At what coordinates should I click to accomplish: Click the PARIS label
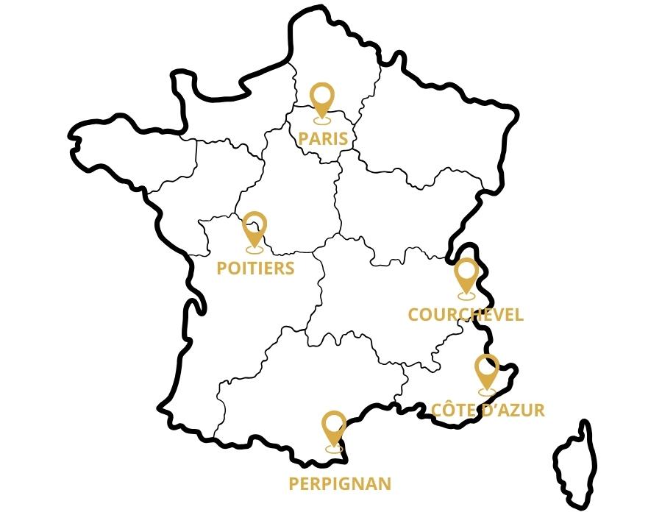point(322,139)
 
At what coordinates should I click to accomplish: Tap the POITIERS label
point(255,268)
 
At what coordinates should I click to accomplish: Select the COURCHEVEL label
point(466,315)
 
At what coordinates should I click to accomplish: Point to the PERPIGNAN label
point(339,483)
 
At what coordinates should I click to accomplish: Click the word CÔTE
point(453,410)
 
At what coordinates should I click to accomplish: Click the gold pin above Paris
point(321,99)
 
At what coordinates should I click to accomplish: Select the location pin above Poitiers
point(255,228)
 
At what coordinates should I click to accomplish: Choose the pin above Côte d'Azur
point(486,371)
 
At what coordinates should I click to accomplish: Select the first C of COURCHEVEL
point(413,315)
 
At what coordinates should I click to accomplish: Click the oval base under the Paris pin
point(321,119)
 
